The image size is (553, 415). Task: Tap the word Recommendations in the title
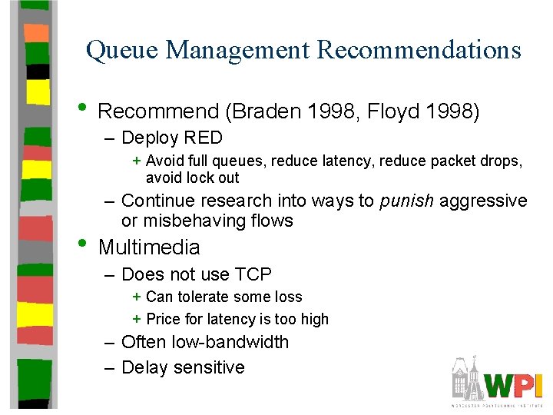[x=419, y=51]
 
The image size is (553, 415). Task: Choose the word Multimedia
[x=149, y=247]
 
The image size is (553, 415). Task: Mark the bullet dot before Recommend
[x=85, y=107]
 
